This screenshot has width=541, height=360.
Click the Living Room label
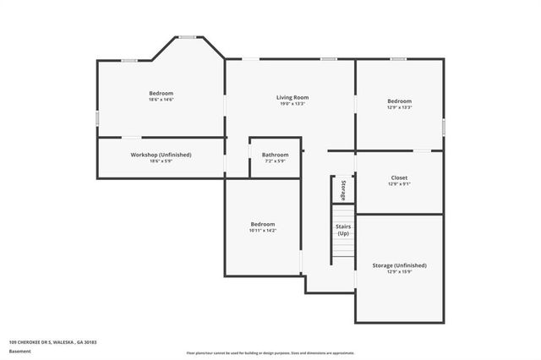pos(292,98)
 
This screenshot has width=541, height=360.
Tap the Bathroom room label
pos(275,155)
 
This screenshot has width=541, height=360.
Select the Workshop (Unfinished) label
pos(161,155)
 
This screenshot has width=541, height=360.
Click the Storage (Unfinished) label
pos(399,265)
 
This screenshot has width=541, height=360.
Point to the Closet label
pos(399,177)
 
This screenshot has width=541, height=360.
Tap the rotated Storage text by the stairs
pos(344,189)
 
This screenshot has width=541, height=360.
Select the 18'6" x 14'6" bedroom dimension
pos(161,100)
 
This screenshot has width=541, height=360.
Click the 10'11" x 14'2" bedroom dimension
pos(263,230)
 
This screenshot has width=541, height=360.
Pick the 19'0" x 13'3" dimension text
pos(292,105)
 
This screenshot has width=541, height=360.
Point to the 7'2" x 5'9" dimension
pos(275,161)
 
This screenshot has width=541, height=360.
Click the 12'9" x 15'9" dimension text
pos(399,272)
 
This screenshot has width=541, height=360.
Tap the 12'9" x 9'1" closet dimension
pos(399,184)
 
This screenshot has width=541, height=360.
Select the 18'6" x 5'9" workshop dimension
pos(161,161)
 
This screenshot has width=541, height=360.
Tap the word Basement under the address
pos(19,349)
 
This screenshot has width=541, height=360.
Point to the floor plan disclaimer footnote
pos(270,352)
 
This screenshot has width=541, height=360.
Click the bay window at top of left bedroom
pos(187,36)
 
